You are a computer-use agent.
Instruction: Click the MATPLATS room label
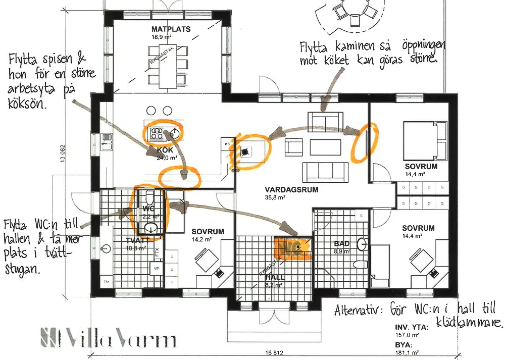tap(171, 29)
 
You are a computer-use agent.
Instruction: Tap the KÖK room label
tap(165, 150)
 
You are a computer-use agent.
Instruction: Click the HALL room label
tap(275, 277)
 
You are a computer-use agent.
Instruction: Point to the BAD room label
tap(342, 243)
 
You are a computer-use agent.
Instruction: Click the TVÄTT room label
tap(135, 241)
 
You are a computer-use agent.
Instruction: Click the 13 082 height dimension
tap(63, 150)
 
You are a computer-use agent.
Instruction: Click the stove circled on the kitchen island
tap(157, 133)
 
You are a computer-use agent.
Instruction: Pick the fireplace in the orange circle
tap(247, 150)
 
